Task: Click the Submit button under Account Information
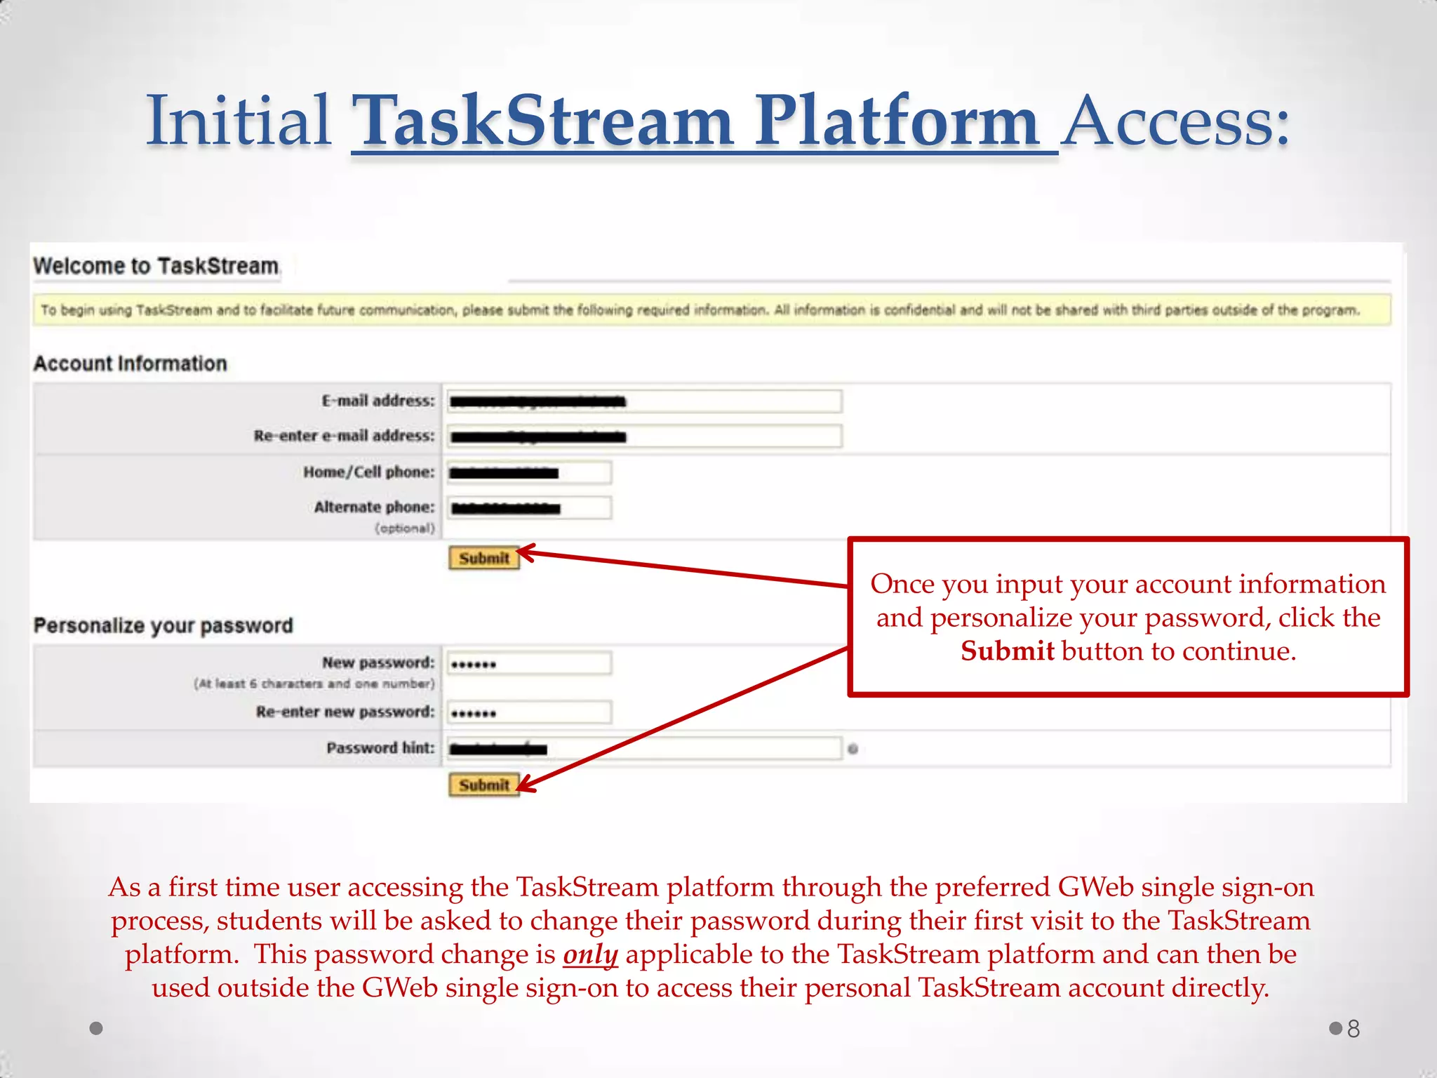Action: click(483, 559)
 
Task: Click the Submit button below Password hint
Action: click(483, 785)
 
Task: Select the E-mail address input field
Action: click(643, 401)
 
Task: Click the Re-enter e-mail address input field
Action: click(643, 437)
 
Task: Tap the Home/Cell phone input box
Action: click(529, 472)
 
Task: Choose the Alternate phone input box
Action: click(529, 508)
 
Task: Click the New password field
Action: click(529, 663)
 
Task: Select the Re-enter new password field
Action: click(529, 713)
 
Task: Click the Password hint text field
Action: click(643, 749)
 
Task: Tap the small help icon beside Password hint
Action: click(853, 749)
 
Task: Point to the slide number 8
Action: click(1354, 1029)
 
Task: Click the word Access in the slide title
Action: click(1175, 122)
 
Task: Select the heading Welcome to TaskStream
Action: click(156, 266)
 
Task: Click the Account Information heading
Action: click(131, 364)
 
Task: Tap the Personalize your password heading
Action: click(163, 625)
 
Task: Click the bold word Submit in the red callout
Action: click(1007, 651)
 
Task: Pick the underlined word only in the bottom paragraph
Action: click(590, 954)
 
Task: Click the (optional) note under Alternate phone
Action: click(405, 528)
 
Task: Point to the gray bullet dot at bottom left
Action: click(97, 1028)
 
